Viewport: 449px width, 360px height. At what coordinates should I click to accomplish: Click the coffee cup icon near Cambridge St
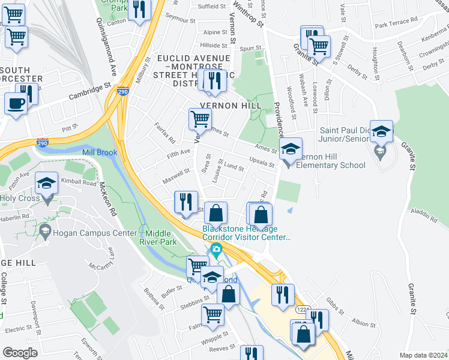16,103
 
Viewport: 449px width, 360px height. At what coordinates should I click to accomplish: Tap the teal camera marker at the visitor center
216,249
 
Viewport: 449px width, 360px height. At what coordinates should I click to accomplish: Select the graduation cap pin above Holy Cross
46,184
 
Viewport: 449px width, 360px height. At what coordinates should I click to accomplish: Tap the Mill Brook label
100,152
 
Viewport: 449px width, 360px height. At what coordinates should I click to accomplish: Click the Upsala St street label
262,164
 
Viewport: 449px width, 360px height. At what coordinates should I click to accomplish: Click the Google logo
20,353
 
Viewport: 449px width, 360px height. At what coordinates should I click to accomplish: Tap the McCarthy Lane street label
109,259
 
